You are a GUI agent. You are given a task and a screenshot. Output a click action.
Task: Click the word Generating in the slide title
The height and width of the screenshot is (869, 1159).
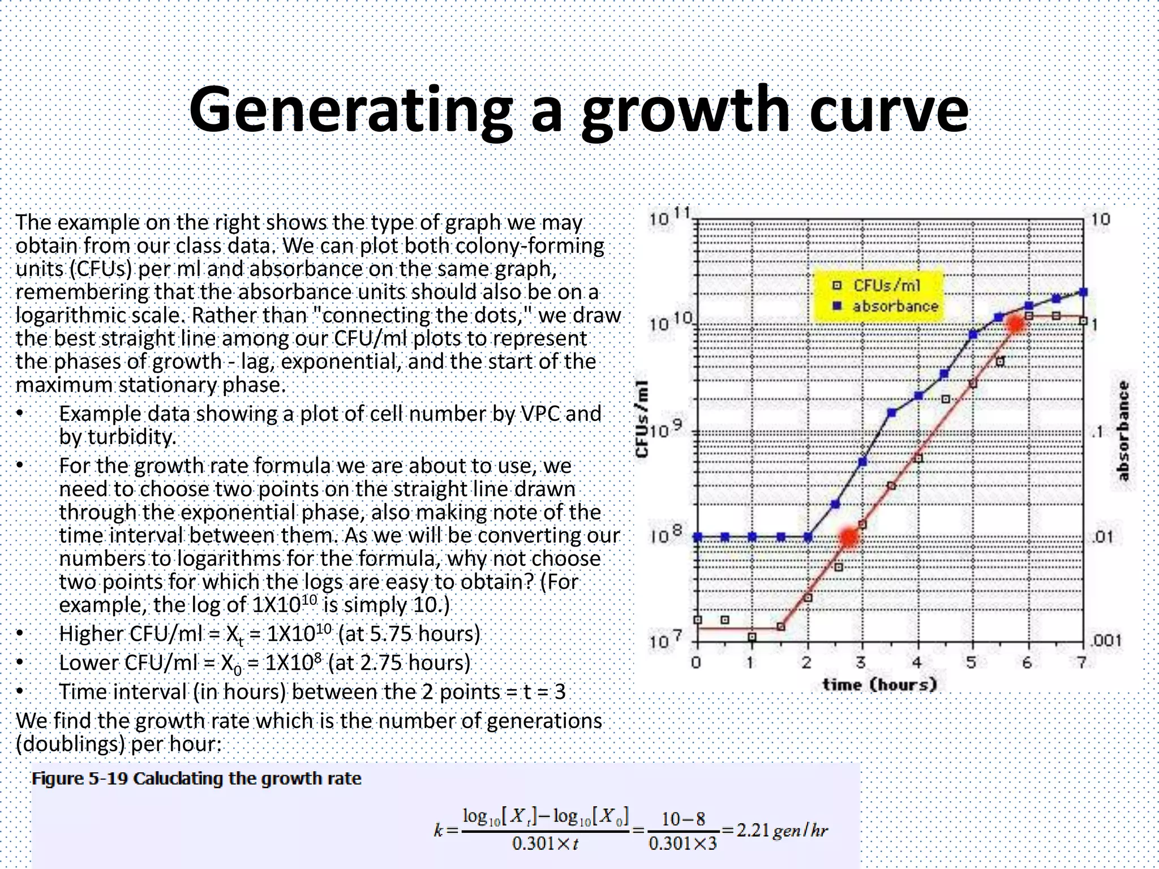[351, 110]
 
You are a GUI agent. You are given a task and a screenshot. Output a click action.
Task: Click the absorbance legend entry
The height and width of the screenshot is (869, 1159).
[895, 306]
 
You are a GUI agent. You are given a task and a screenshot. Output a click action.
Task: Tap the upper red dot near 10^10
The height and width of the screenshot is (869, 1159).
[1016, 324]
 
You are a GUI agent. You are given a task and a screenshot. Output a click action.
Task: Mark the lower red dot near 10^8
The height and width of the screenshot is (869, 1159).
[849, 537]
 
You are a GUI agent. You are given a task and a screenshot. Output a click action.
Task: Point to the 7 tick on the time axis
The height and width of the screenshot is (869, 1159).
[1081, 662]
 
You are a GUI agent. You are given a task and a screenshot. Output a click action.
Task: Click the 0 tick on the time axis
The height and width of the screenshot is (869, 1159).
[697, 662]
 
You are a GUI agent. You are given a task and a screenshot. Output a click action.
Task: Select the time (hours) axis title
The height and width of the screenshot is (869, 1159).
[879, 685]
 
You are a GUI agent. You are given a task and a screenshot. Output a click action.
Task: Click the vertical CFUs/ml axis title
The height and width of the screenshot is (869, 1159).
[642, 419]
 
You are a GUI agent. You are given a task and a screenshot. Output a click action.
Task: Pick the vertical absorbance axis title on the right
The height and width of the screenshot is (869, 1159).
[1123, 431]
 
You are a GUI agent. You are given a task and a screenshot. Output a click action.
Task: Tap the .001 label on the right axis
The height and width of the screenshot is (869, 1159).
[1104, 641]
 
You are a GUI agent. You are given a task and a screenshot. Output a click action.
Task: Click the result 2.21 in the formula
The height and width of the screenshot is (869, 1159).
[752, 831]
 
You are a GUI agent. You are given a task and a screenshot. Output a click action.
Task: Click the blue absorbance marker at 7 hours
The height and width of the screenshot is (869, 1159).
[1083, 292]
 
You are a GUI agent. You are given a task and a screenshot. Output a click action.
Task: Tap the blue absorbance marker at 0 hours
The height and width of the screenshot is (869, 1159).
[698, 537]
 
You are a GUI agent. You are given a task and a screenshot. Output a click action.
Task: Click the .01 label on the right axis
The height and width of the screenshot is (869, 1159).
[1102, 536]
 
